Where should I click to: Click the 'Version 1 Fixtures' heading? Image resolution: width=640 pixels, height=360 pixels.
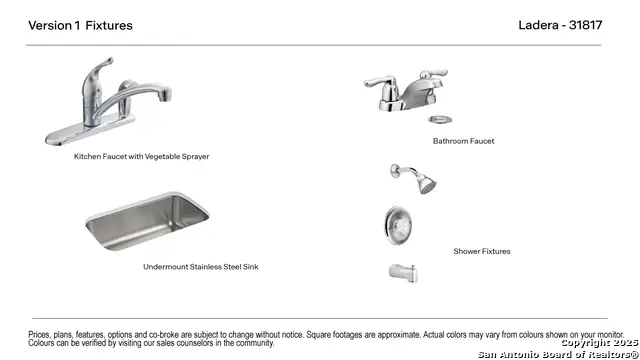pyautogui.click(x=80, y=25)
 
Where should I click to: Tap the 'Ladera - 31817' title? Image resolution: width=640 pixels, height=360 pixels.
pyautogui.click(x=560, y=25)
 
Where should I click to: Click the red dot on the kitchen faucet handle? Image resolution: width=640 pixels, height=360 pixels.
pyautogui.click(x=98, y=90)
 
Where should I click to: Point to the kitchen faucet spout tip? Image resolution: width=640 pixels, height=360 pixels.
pyautogui.click(x=165, y=96)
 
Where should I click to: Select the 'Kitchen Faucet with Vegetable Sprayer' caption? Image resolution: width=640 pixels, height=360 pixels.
pyautogui.click(x=141, y=156)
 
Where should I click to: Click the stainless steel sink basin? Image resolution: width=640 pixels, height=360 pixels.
pyautogui.click(x=147, y=221)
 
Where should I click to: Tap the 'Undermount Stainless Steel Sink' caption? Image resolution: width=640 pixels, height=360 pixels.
pyautogui.click(x=200, y=267)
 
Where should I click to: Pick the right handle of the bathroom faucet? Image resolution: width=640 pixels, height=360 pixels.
pyautogui.click(x=434, y=74)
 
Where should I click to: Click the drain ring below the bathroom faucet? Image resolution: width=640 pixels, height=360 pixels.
pyautogui.click(x=440, y=120)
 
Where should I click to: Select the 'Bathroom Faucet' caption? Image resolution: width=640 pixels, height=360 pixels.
pyautogui.click(x=463, y=141)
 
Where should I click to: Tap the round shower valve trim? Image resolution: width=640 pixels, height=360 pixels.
pyautogui.click(x=398, y=225)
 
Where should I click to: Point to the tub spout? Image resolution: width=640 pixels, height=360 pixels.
pyautogui.click(x=403, y=273)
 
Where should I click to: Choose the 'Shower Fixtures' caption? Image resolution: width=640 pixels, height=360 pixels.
pyautogui.click(x=482, y=251)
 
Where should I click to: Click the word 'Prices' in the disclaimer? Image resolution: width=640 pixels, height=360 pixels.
pyautogui.click(x=39, y=335)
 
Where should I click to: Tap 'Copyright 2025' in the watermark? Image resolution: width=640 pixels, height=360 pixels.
pyautogui.click(x=599, y=343)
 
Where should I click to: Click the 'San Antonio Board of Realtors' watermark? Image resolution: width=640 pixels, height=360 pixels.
pyautogui.click(x=558, y=354)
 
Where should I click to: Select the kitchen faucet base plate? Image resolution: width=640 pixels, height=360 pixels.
pyautogui.click(x=90, y=130)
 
